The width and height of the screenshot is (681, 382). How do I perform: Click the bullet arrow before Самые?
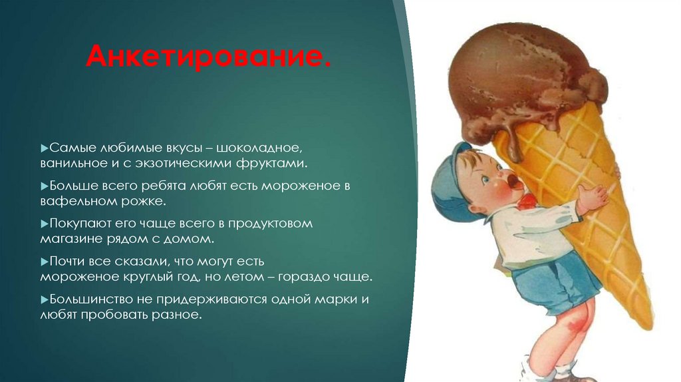(x=43, y=145)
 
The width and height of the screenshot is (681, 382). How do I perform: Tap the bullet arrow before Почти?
(x=43, y=262)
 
